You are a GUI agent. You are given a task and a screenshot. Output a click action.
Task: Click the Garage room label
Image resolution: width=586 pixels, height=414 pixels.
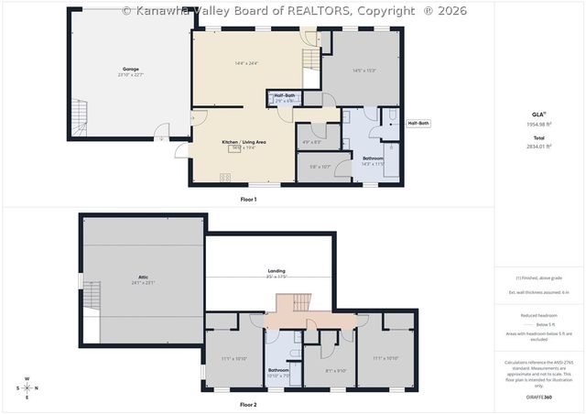[x=131, y=69]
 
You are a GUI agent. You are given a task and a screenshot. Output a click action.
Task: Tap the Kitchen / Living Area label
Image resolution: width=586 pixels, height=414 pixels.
[x=244, y=142]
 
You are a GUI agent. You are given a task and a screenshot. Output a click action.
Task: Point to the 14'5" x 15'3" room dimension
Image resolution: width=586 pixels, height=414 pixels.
[x=365, y=71]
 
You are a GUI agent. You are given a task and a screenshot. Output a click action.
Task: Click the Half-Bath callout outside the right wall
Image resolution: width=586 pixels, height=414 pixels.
[x=418, y=123]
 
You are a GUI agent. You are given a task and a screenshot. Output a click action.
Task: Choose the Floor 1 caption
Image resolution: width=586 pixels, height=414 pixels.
[x=248, y=199]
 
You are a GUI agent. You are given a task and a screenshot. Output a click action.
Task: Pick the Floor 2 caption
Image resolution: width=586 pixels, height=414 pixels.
[x=248, y=404]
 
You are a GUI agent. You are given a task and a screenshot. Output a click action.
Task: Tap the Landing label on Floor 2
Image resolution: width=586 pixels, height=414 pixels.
[x=276, y=271]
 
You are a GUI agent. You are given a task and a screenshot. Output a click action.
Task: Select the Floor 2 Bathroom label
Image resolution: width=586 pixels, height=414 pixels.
[x=278, y=370]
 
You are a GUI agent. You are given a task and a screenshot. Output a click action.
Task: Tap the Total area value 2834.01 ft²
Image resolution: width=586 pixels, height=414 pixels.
[x=537, y=146]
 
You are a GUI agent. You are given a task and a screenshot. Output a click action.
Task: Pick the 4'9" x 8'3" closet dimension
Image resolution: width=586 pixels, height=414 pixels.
[x=311, y=142]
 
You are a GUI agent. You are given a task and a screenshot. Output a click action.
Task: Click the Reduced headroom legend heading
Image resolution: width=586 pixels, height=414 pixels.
[x=537, y=315]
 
